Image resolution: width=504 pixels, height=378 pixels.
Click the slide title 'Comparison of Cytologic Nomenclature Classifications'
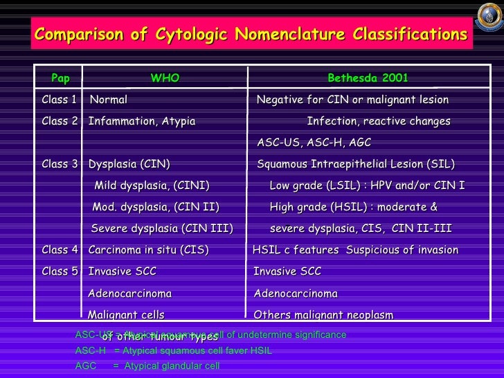(x=251, y=35)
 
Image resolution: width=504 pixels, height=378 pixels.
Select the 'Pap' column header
(x=60, y=78)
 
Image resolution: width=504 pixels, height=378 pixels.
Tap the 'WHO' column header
(x=165, y=78)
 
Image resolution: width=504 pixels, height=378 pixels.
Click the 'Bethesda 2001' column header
(x=368, y=78)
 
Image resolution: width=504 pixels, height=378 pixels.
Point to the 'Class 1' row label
(x=60, y=100)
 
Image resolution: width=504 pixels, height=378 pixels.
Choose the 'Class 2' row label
(x=60, y=122)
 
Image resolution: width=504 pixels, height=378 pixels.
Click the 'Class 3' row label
(x=60, y=165)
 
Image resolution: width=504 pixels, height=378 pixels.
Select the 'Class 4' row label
(x=60, y=250)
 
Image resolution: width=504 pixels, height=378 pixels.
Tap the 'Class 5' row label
(x=60, y=271)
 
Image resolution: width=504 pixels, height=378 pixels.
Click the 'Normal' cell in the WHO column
(x=109, y=100)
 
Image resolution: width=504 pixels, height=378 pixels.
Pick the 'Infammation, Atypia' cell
(x=142, y=122)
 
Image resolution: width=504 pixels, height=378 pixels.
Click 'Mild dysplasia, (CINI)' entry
(x=152, y=186)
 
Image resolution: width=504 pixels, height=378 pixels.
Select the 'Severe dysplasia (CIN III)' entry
(x=162, y=229)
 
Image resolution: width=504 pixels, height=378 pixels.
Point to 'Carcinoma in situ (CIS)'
(x=148, y=250)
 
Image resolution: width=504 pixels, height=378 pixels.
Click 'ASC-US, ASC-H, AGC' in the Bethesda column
(x=314, y=143)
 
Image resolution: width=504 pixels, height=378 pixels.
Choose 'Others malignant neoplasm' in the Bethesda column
(x=323, y=315)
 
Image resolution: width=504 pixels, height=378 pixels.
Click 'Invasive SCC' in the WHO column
(x=123, y=271)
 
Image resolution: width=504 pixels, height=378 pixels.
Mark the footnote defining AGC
(x=147, y=366)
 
